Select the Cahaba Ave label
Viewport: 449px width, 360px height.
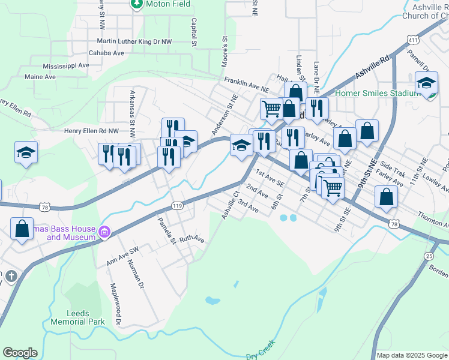(106, 53)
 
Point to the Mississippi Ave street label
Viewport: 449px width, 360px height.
(66, 65)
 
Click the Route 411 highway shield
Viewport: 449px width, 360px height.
(412, 40)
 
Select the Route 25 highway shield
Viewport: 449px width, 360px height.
(429, 256)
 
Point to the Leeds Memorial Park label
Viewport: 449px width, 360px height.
(86, 317)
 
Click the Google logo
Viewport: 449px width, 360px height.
(20, 353)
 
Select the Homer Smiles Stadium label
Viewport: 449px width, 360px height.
(376, 93)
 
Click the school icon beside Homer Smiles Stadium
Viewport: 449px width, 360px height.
(426, 83)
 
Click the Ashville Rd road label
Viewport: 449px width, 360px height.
(372, 67)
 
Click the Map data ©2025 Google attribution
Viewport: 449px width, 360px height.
(411, 355)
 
